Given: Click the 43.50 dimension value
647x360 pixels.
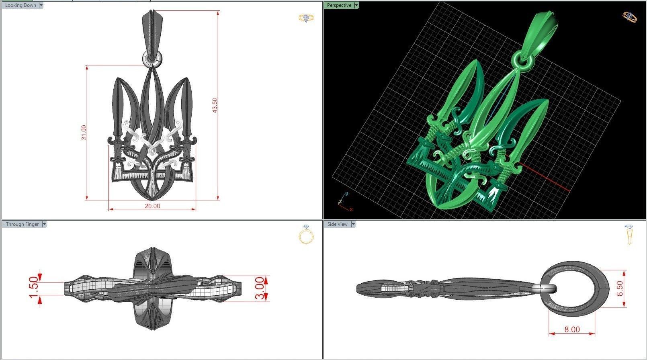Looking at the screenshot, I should [215, 106].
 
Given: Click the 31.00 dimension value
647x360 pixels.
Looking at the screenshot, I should [84, 133].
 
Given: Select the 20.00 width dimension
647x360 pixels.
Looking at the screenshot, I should [152, 206].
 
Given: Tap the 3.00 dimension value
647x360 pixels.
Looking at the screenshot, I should [260, 288].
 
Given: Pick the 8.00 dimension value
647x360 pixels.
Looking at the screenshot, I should [572, 329].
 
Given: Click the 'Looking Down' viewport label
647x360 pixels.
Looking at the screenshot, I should [20, 5].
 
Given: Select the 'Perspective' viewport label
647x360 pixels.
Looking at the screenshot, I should [339, 5].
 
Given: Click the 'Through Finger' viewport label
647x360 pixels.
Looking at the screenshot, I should [22, 224].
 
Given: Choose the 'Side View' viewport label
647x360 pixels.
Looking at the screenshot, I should [337, 224].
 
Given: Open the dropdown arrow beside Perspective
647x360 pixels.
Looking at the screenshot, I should [356, 5].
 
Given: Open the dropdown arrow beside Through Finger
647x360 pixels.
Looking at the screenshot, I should [44, 224].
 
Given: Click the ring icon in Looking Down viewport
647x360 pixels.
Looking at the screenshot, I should [306, 18].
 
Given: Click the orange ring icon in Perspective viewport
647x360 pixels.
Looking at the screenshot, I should [629, 17].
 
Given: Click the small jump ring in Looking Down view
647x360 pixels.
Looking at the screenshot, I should [152, 59].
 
